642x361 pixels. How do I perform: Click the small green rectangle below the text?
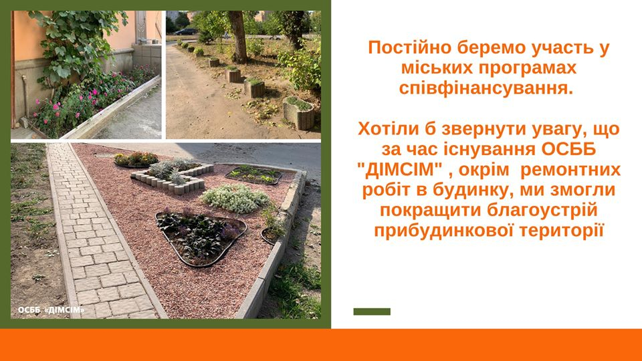pyautogui.click(x=372, y=312)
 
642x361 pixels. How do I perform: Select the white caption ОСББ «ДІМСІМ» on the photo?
pyautogui.click(x=51, y=310)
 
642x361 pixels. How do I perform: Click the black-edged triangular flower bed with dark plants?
pyautogui.click(x=201, y=237)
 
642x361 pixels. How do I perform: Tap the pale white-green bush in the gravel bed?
pyautogui.click(x=235, y=198)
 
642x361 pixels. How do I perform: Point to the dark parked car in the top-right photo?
pyautogui.click(x=185, y=31)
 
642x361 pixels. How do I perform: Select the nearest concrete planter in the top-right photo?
pyautogui.click(x=300, y=112)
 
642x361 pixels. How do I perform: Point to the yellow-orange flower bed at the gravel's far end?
pyautogui.click(x=136, y=159)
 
